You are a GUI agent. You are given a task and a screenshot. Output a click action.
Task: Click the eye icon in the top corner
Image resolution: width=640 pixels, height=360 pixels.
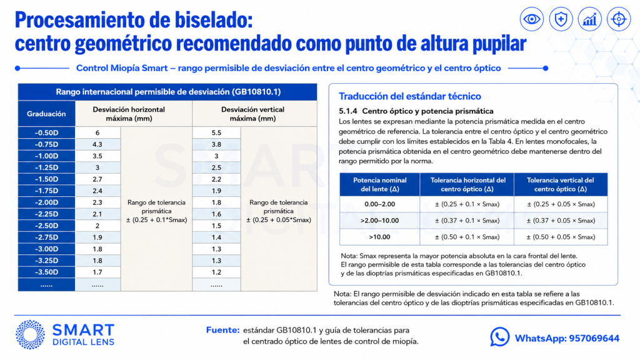point(531,19)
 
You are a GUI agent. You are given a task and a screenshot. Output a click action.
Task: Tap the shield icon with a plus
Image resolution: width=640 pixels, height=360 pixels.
point(561,19)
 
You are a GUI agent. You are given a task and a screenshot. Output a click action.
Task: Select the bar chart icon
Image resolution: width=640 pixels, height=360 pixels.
point(590,19)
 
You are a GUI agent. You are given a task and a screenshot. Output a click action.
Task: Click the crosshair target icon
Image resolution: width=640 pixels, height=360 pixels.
point(619,19)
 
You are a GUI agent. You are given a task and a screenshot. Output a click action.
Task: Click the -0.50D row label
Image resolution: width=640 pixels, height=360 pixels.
point(46,132)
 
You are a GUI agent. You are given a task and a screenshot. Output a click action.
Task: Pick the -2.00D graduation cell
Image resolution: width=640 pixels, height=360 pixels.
point(46,202)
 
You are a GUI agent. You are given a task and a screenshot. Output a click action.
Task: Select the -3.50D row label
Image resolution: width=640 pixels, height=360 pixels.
point(46,272)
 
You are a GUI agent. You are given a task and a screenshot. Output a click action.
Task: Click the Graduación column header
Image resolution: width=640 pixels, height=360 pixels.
point(46,114)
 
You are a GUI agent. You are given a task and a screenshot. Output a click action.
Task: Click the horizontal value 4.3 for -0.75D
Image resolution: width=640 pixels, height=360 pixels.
point(97,144)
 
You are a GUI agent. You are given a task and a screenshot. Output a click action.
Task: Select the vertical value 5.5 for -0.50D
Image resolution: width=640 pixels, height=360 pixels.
point(216,132)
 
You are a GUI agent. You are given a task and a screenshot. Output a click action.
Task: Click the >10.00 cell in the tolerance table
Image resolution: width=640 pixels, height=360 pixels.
point(379,237)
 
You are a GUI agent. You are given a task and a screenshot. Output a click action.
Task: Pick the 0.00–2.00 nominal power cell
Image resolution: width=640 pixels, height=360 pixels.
point(379,204)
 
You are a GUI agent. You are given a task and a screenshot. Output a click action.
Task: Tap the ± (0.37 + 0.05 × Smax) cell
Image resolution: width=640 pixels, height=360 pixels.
point(561,221)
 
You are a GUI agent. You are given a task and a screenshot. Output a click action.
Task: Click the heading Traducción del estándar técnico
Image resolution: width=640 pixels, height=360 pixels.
point(410,96)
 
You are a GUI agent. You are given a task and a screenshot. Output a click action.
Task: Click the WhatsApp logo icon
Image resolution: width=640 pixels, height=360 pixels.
point(499,337)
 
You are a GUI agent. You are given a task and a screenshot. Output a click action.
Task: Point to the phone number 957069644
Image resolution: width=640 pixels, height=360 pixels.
point(594,338)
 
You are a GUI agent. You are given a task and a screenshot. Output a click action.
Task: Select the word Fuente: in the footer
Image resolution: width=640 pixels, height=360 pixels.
point(223,330)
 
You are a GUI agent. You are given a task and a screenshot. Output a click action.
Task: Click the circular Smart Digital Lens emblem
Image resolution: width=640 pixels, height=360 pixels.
point(30,335)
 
